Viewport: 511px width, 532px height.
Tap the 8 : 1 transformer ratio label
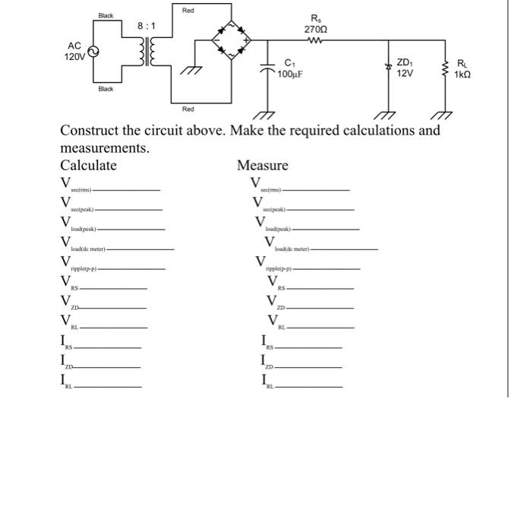(147, 26)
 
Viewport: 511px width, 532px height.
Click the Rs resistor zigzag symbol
(316, 40)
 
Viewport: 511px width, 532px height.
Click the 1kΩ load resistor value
(463, 74)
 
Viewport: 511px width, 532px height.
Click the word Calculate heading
(89, 166)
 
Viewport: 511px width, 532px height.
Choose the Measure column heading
(263, 166)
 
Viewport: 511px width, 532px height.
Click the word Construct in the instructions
(90, 130)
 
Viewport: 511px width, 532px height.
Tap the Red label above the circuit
(188, 10)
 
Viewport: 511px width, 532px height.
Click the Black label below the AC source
(106, 89)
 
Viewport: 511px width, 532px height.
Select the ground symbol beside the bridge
(189, 71)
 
